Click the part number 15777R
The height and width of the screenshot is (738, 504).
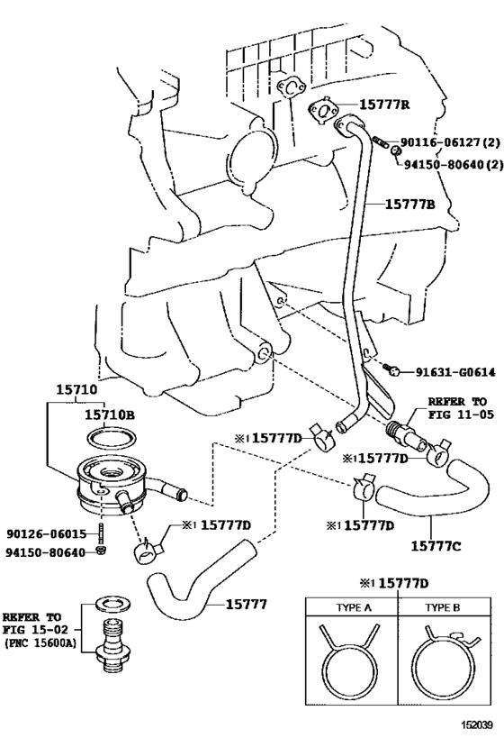(x=384, y=105)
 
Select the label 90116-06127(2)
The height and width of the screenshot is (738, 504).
(x=450, y=142)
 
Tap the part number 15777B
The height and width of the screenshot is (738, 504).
(x=410, y=205)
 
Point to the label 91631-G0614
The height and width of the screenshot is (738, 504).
(x=455, y=372)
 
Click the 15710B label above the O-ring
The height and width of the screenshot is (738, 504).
(x=110, y=415)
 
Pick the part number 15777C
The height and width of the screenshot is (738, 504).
(x=436, y=545)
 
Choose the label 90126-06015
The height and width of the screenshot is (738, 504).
(x=47, y=533)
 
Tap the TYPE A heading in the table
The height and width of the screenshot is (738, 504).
(x=354, y=607)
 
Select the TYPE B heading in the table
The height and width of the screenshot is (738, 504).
(x=443, y=607)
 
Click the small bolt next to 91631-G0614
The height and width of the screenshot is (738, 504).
(x=391, y=369)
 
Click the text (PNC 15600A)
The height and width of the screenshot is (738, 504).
(x=40, y=642)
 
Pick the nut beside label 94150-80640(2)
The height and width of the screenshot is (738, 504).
(x=396, y=150)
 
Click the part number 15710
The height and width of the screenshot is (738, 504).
(x=76, y=389)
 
